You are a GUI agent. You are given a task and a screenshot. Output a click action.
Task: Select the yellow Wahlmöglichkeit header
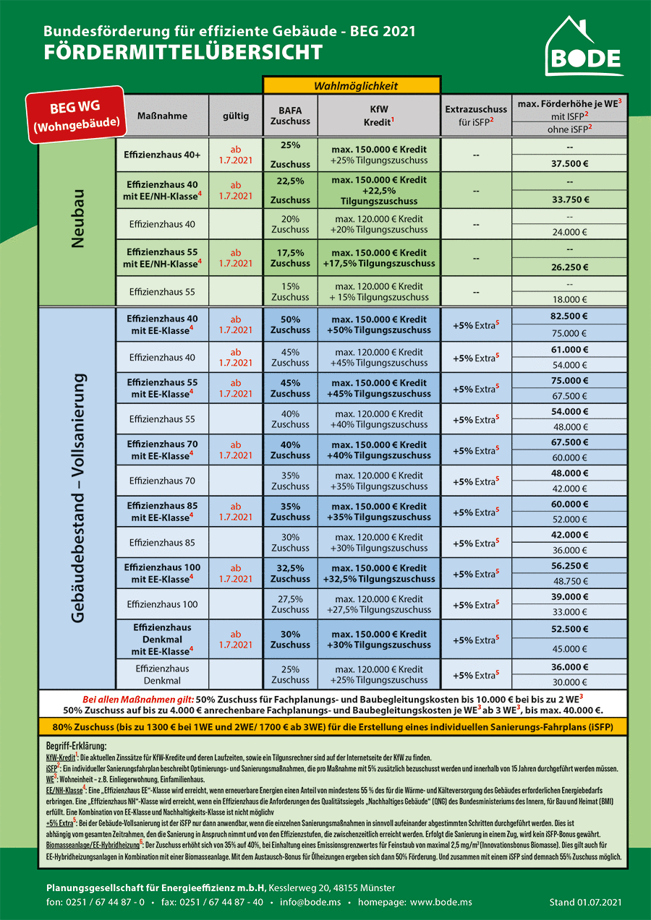tap(352, 86)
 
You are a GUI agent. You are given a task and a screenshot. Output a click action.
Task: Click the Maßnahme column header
tap(163, 116)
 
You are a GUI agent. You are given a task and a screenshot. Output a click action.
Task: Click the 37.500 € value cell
tap(569, 163)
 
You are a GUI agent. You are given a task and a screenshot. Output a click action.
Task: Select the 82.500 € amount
tap(569, 316)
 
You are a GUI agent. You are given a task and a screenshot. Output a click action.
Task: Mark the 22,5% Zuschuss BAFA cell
tap(290, 190)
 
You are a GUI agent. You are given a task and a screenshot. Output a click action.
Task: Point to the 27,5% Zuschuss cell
tap(290, 604)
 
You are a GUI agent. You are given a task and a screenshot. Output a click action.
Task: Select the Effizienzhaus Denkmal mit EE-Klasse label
tap(163, 640)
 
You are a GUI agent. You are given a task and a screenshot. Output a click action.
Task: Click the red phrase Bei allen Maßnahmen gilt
tap(138, 700)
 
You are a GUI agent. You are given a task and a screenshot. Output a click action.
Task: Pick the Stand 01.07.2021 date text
tap(585, 902)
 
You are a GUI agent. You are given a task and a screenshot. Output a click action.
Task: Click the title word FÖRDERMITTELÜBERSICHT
tap(183, 53)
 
